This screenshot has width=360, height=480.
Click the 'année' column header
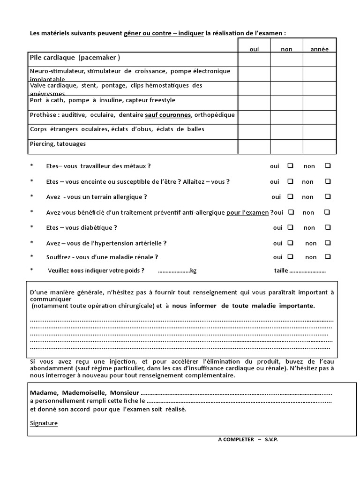[319, 49]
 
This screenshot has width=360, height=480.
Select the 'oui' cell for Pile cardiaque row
[254, 60]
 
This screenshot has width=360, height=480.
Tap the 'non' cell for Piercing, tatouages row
[286, 146]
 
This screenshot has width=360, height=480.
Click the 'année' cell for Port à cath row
[319, 103]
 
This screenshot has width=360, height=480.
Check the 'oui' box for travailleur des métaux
[291, 166]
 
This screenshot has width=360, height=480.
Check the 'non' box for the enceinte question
[328, 181]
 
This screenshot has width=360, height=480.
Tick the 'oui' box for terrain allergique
[291, 197]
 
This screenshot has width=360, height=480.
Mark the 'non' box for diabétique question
[328, 227]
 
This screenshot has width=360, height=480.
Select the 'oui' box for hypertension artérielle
[291, 243]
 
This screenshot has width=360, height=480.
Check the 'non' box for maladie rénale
[328, 257]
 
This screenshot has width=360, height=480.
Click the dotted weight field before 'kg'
[173, 271]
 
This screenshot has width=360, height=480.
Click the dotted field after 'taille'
[307, 271]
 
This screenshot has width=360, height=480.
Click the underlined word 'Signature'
[44, 423]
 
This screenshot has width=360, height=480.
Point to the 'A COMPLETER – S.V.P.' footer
[248, 440]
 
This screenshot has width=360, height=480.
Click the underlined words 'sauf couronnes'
[168, 115]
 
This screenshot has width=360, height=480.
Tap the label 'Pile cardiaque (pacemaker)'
[75, 58]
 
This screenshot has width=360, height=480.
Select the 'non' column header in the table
[286, 49]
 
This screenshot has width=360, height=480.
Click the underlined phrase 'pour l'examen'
[247, 212]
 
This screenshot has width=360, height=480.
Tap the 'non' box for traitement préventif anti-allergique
[327, 212]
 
